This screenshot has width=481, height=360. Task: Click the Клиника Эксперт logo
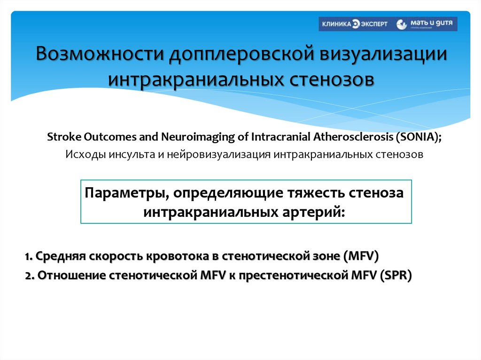[354, 24]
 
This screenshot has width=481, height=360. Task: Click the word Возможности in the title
[99, 54]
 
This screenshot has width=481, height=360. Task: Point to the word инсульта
[128, 154]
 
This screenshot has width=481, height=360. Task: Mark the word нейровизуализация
[218, 154]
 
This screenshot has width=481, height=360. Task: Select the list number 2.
[28, 276]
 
